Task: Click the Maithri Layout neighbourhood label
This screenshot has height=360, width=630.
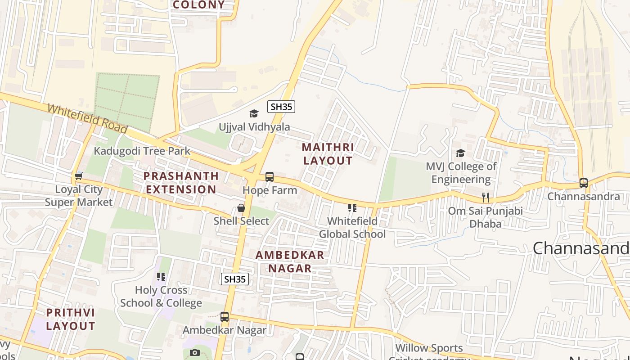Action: (328, 154)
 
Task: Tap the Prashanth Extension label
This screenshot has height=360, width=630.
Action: (180, 182)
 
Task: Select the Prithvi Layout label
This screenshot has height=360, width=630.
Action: (70, 319)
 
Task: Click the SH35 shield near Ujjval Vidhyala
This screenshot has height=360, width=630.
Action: (281, 107)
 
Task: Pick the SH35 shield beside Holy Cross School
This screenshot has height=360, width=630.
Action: (235, 279)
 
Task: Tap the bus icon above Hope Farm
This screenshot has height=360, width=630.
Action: (270, 177)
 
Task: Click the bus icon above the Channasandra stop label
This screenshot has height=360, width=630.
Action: (584, 183)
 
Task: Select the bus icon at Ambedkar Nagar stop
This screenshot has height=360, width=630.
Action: (225, 317)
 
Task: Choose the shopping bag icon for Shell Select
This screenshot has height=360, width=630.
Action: (241, 208)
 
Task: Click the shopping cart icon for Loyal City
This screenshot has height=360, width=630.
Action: (79, 176)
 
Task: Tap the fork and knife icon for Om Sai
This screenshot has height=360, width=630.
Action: (485, 198)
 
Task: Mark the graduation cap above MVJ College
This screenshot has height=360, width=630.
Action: (460, 153)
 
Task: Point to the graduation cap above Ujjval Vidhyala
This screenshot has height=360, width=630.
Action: (254, 113)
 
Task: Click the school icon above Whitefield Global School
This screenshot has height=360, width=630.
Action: (352, 208)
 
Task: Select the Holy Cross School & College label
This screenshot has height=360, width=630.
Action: (161, 297)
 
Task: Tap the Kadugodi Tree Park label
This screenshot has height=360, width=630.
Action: (142, 151)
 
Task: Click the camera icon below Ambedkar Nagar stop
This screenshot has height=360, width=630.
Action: (194, 352)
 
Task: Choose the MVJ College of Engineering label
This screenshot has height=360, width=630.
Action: (461, 173)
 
